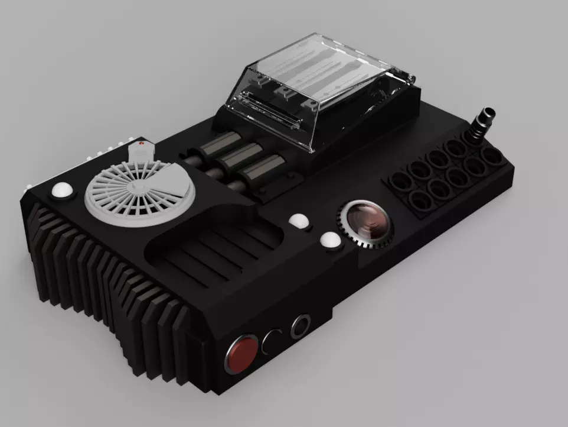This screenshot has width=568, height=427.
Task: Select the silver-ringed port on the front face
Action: pyautogui.click(x=301, y=326)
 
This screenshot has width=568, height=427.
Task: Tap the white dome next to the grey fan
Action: pyautogui.click(x=62, y=192)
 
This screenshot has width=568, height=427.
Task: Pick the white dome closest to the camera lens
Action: pyautogui.click(x=330, y=240)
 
